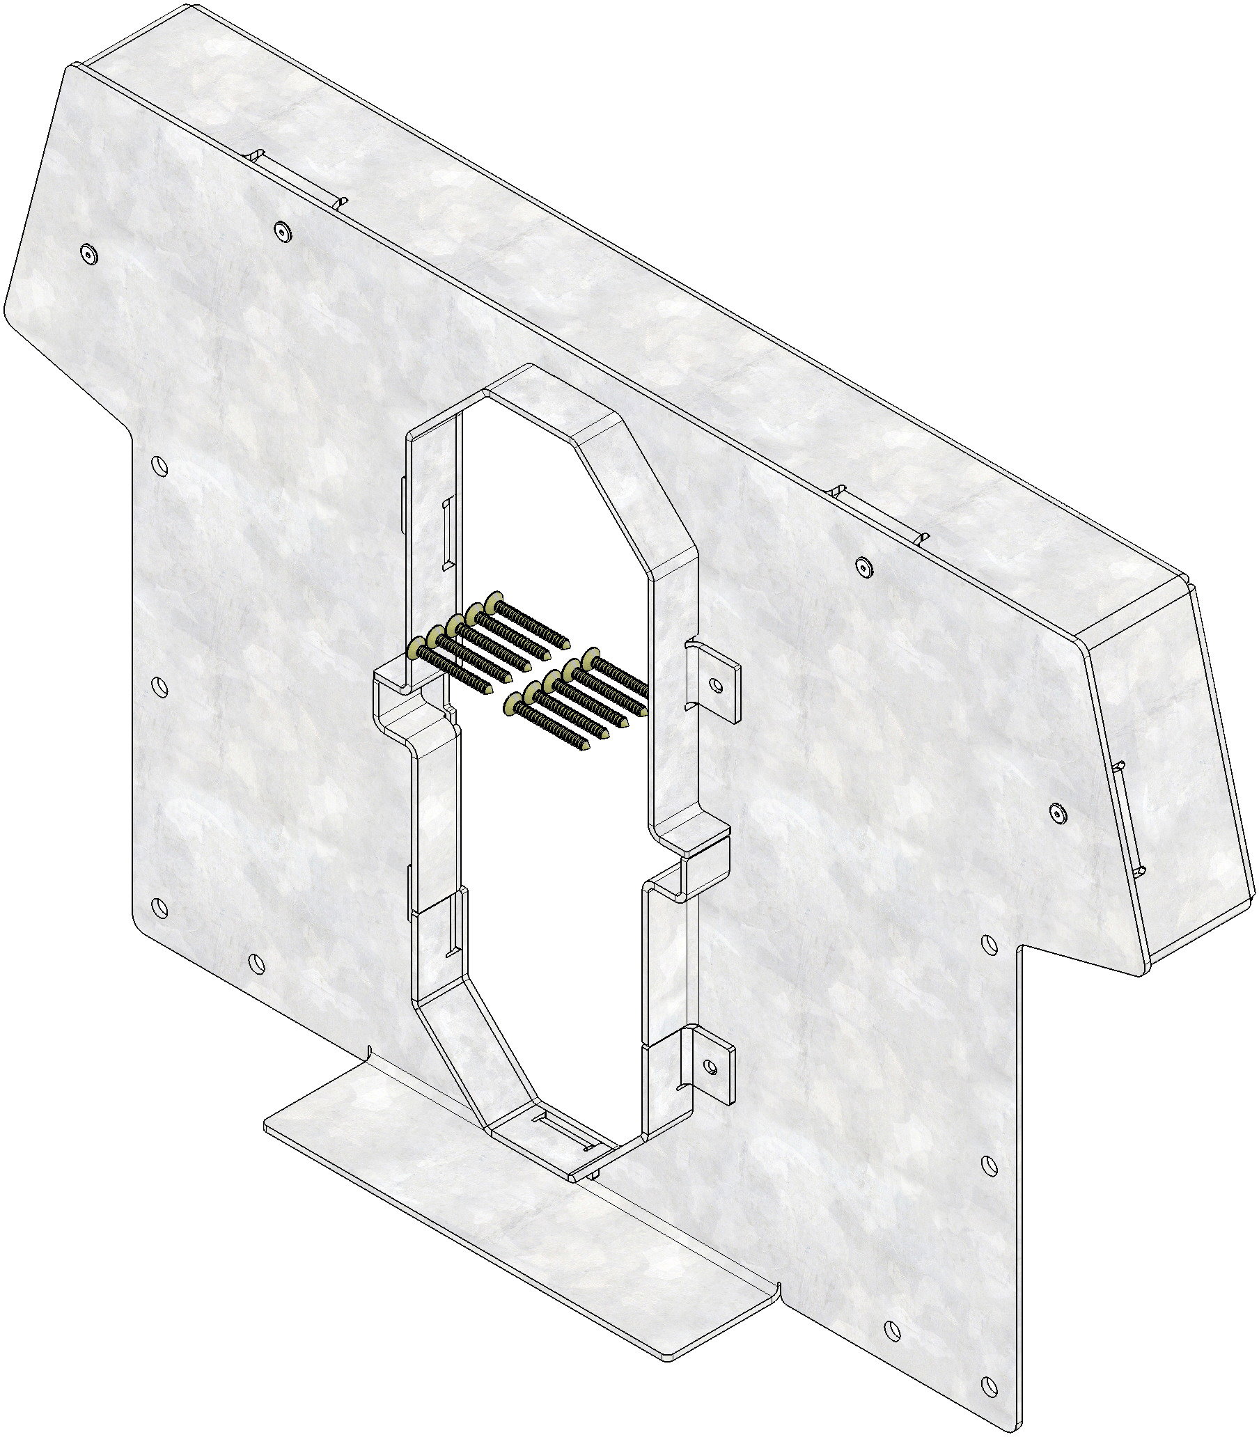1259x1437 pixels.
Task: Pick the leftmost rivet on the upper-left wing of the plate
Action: point(87,253)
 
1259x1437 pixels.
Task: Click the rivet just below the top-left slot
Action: point(283,230)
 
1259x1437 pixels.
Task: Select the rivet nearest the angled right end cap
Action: point(1060,814)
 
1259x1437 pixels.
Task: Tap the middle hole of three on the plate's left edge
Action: point(159,686)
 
